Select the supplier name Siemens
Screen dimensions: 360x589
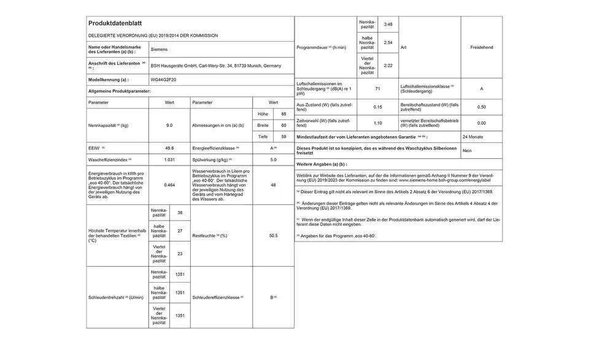tap(159, 47)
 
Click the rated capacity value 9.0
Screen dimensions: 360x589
tap(169, 125)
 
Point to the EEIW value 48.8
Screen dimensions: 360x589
tap(169, 148)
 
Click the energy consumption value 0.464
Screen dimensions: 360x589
tap(169, 185)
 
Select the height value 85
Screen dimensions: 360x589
tap(283, 114)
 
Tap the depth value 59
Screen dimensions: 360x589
tap(283, 136)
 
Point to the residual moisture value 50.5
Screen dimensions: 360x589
tap(273, 236)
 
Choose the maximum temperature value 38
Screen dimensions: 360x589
tap(180, 213)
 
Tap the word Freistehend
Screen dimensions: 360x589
tap(481, 47)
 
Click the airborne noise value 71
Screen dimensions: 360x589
tap(376, 89)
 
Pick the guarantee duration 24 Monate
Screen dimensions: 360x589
tap(473, 137)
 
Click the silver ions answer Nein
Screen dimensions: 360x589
tap(467, 150)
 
